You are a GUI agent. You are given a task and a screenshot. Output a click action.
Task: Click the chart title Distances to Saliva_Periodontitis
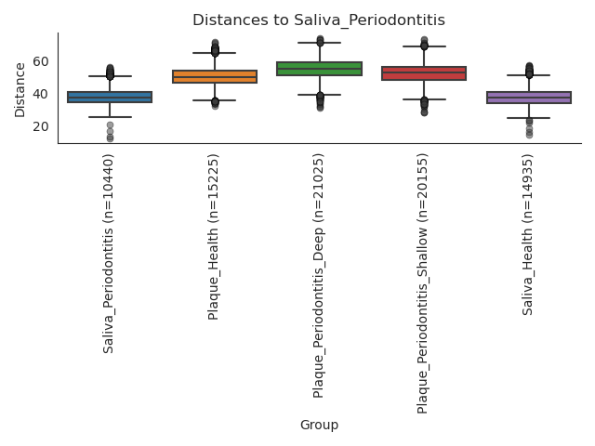tap(319, 20)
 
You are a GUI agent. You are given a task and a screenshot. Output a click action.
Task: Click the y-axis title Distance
tap(20, 89)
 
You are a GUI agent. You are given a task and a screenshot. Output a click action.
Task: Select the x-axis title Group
tap(319, 425)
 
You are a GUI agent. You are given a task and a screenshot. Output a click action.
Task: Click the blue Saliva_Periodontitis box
tap(110, 97)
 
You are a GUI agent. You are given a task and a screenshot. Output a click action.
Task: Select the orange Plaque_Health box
tap(215, 76)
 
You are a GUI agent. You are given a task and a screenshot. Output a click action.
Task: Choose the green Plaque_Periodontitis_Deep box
tap(319, 68)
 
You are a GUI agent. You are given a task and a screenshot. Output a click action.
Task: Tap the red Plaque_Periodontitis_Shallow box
tap(424, 73)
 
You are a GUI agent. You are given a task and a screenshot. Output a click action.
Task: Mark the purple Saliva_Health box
tap(529, 97)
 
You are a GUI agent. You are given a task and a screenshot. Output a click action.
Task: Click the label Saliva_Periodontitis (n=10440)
tap(109, 254)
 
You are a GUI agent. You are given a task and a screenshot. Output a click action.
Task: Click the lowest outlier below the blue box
tap(110, 139)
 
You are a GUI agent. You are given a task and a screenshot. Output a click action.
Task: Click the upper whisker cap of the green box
tap(319, 43)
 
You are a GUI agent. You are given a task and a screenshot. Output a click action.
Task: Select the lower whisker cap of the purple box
tap(529, 118)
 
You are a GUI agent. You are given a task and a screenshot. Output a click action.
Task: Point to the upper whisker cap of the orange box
tap(215, 53)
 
